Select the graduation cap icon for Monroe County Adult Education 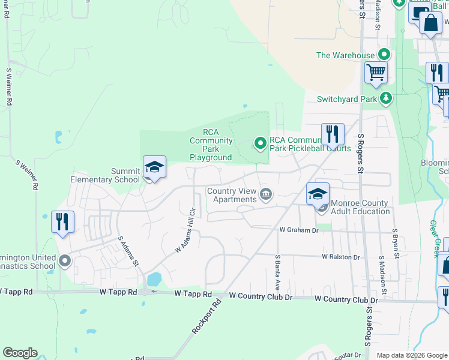(318, 194)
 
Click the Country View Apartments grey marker (266, 195)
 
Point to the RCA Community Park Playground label (211, 145)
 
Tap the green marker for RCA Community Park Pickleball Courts (261, 143)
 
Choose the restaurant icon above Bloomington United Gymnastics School (62, 222)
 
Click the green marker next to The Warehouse (384, 55)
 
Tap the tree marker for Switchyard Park (387, 98)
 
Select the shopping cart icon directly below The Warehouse (376, 73)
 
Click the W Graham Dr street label (298, 230)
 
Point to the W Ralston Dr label (340, 257)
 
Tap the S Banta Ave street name (278, 268)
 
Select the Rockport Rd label (207, 317)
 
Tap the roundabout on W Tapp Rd (145, 292)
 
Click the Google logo (20, 353)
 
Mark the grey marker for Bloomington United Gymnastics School (64, 261)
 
